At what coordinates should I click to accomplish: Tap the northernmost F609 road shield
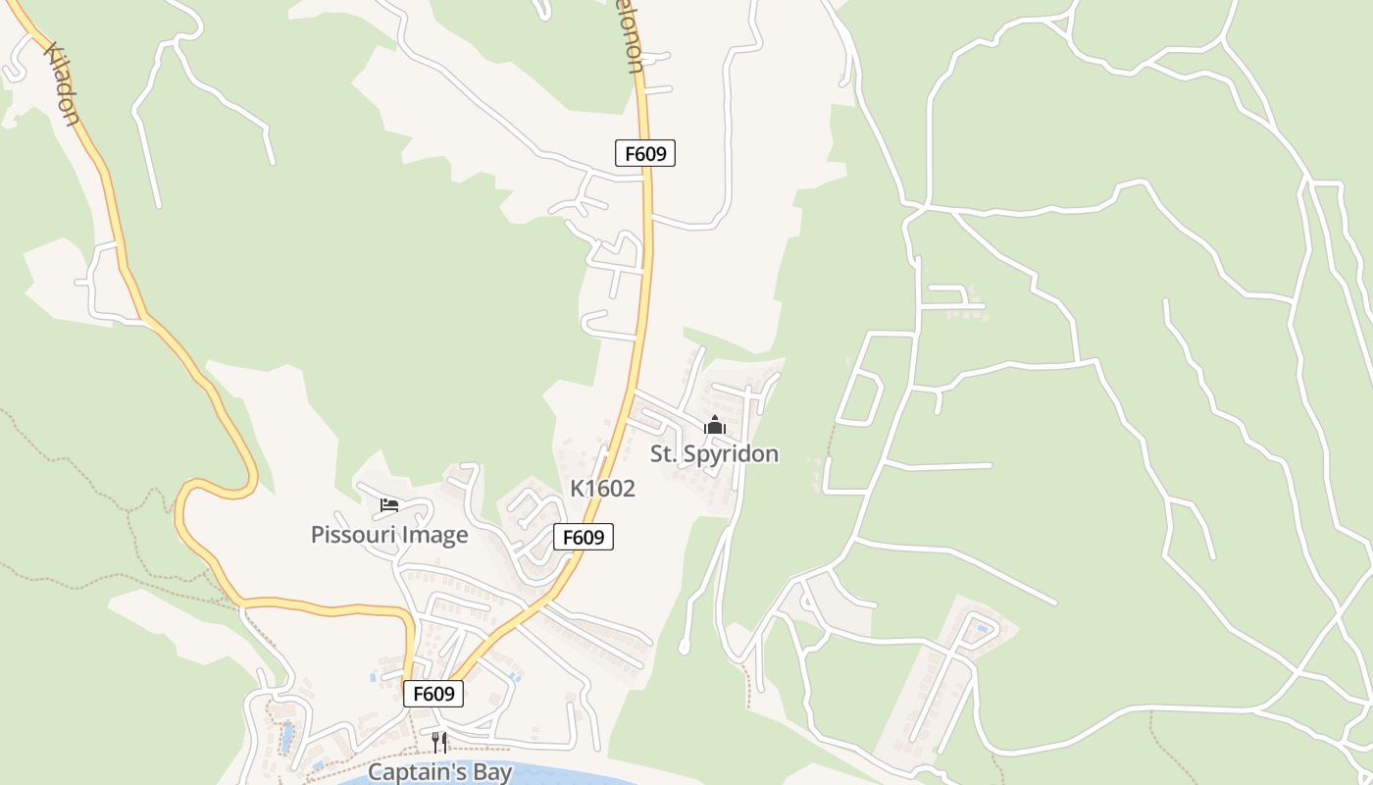point(645,153)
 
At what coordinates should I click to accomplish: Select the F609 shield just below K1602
point(584,537)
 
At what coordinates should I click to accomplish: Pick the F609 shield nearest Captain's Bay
point(432,694)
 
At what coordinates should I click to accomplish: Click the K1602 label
point(602,489)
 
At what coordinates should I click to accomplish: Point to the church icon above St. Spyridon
point(714,425)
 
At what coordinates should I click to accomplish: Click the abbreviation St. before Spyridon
point(663,453)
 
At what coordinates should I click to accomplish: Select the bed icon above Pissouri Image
point(389,505)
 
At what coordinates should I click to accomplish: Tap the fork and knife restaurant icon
point(439,742)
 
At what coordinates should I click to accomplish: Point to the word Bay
point(490,772)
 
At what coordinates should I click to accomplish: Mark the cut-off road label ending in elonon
point(635,44)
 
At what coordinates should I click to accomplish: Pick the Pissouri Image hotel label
point(389,535)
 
